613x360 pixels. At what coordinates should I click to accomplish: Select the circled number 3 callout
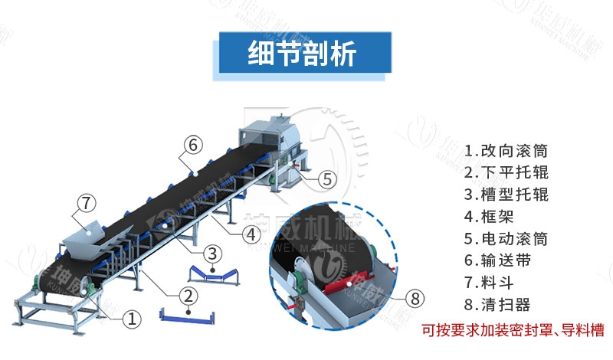(215, 252)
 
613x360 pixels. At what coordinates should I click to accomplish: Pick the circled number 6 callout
(193, 143)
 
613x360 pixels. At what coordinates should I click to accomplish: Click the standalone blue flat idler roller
(185, 315)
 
